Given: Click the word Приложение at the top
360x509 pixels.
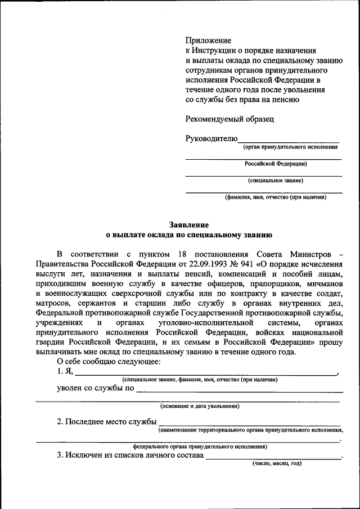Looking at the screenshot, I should coord(208,40).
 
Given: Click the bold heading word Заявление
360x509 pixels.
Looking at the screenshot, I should coord(189,224).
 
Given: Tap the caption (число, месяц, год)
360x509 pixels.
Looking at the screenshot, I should coord(276,463).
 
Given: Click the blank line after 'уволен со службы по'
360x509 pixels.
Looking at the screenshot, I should coord(239,390).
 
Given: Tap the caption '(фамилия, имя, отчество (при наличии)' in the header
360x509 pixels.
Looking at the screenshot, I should coord(276,197).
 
